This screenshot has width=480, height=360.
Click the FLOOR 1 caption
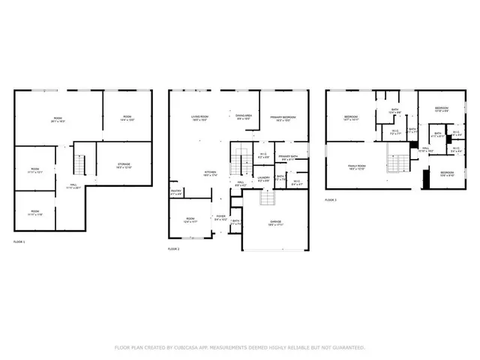coord(19,242)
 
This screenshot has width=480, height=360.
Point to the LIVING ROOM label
coord(198,117)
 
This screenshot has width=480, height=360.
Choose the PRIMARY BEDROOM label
coord(283,118)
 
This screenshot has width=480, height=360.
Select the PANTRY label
coord(176,193)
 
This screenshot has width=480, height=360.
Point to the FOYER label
coord(220,218)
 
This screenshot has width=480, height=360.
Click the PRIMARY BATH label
coord(289,157)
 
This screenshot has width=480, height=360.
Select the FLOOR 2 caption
coord(174,247)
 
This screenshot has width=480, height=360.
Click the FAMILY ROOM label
coord(355,167)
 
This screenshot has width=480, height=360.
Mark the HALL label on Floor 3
coord(425,148)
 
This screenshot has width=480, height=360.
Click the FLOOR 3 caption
coord(331,200)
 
